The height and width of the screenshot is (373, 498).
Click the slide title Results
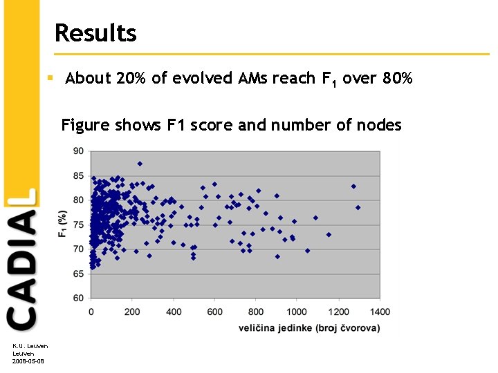[x=95, y=32]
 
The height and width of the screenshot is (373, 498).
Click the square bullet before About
[x=50, y=78]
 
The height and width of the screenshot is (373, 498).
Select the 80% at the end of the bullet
[x=396, y=78]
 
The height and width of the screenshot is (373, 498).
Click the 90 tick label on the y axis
[x=78, y=151]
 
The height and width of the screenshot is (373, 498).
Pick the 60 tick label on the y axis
[x=78, y=298]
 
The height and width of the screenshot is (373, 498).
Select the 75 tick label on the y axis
[x=78, y=224]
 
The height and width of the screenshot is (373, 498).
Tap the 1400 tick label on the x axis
[x=379, y=312]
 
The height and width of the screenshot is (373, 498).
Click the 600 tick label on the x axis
[x=214, y=312]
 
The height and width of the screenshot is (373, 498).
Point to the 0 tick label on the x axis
[x=92, y=312]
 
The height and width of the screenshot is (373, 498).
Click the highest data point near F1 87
[x=140, y=164]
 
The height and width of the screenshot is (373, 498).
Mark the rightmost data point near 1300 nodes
[x=358, y=207]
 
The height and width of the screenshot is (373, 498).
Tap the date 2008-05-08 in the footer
[x=28, y=361]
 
